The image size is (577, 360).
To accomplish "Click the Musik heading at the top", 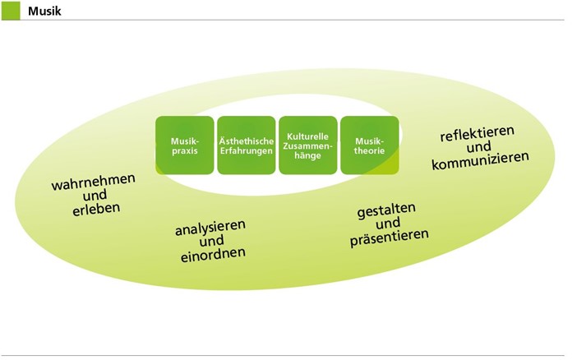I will pos(46,11).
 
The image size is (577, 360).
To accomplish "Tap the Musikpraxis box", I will pos(184,145).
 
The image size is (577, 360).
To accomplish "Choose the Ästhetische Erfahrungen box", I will pos(246,145).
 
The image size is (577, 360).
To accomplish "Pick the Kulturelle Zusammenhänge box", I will pos(307,145).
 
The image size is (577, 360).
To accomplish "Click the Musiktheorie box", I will pos(369,145).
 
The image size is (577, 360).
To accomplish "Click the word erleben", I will pos(96,209).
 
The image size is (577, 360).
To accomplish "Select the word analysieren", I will pos(210,227).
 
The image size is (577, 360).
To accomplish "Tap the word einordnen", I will pos(214,255).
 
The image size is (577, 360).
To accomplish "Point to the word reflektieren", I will pos(477,132).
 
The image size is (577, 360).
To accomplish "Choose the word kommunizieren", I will pos(480,159).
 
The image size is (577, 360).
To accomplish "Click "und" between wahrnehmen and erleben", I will pos(95,195).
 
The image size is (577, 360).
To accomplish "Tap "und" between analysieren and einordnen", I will pos(211,241).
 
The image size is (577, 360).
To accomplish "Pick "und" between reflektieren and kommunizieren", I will pos(478,145).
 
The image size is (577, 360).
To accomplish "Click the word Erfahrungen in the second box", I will pos(246,151).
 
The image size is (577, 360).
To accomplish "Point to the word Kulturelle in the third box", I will pos(307,134).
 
